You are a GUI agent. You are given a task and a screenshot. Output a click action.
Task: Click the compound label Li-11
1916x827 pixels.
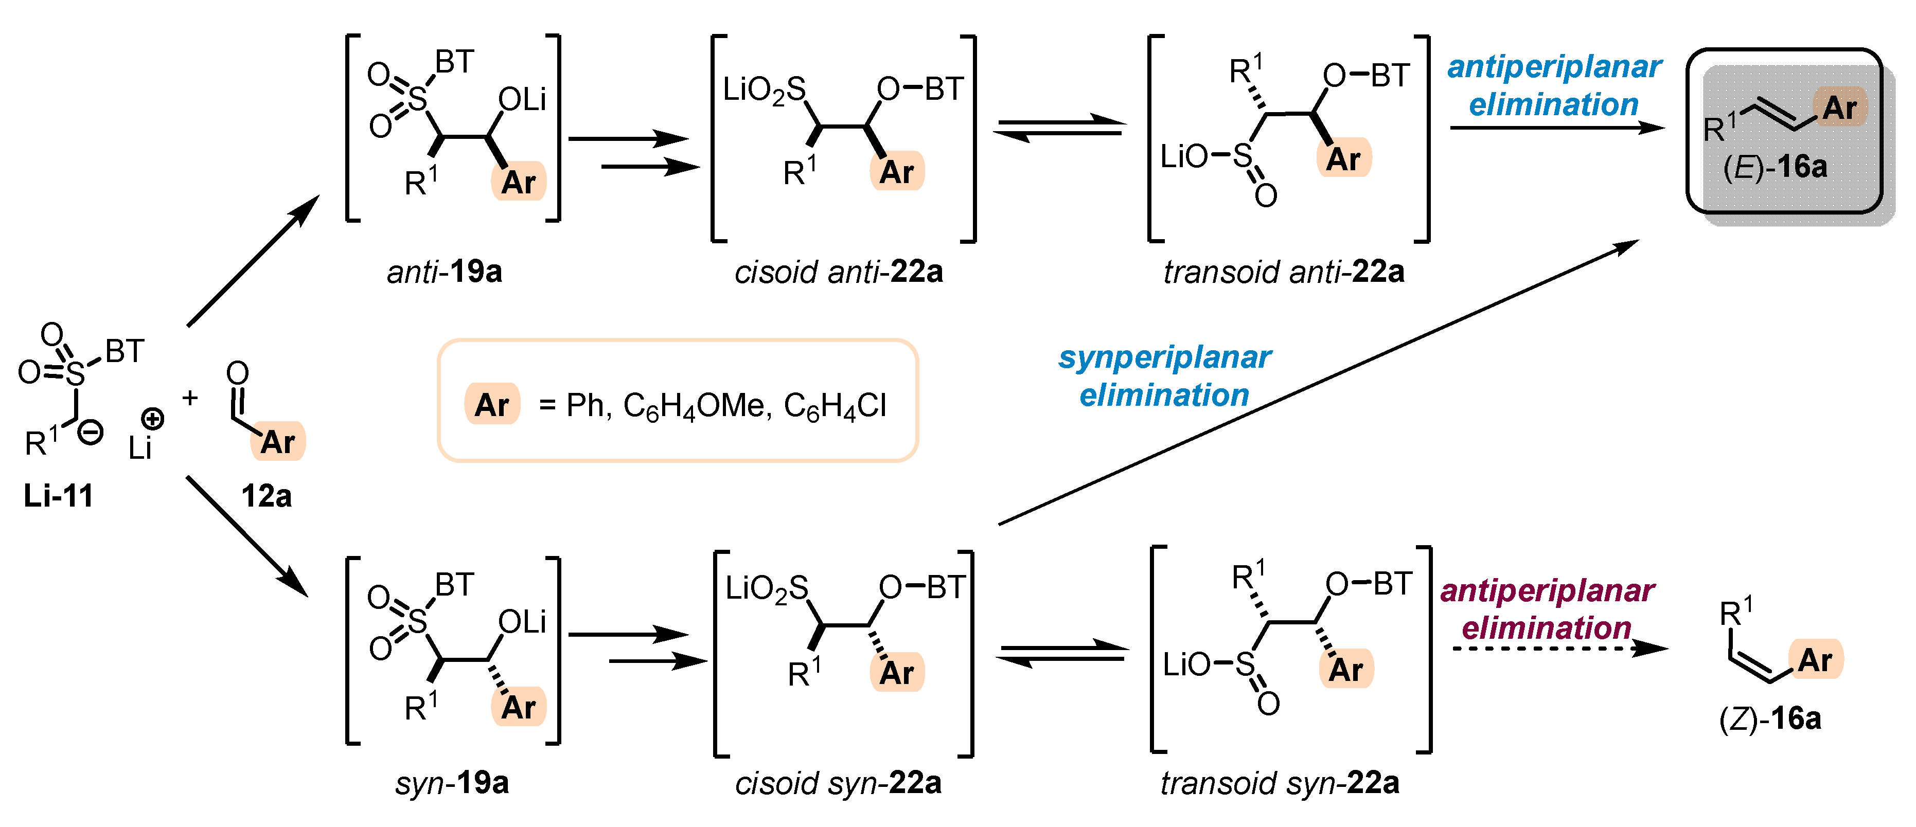58,495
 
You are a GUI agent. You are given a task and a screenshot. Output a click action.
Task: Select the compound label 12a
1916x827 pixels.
265,495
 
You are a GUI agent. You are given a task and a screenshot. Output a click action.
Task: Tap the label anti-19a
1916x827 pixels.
444,272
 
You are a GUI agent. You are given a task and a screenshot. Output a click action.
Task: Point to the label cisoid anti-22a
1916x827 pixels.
838,272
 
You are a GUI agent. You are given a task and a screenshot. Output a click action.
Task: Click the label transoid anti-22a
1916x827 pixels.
1284,272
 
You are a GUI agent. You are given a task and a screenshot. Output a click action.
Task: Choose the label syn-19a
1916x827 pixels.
452,782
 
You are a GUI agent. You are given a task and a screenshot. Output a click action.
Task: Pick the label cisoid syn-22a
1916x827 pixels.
838,782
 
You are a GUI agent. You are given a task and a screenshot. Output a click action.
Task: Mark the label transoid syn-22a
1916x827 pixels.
1280,782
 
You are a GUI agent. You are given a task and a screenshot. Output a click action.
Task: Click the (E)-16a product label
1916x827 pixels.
1775,167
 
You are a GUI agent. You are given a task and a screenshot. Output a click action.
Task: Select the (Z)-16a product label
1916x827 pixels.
1770,718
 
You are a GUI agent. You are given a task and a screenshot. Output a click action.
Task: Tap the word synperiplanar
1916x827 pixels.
1165,358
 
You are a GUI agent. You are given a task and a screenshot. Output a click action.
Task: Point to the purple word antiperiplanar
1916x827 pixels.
1547,590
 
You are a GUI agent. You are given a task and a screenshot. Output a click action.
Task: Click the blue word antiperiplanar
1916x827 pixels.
1554,67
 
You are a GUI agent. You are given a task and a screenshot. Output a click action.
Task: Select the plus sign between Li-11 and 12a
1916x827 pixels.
190,398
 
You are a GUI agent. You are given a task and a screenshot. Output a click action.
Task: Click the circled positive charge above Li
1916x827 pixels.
152,419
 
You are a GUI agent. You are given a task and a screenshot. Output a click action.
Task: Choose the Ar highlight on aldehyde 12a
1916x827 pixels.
278,442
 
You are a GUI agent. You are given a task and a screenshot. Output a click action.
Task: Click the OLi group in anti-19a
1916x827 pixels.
522,99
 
